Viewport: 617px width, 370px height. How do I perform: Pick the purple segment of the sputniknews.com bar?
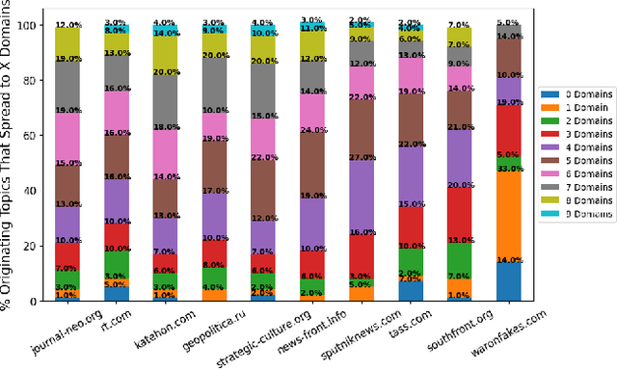(x=361, y=198)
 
